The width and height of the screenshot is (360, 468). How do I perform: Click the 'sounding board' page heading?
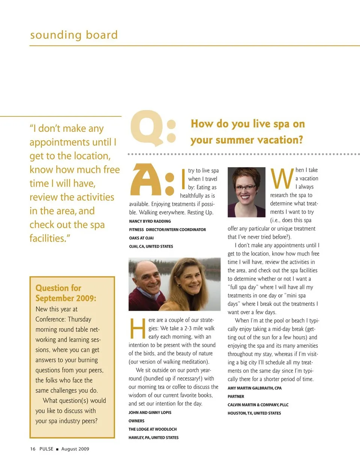tap(74, 35)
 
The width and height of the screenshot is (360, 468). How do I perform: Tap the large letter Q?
tap(147, 128)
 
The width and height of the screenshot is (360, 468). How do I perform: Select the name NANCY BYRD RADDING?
tap(150, 221)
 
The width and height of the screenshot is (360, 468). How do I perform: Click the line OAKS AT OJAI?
tap(141, 238)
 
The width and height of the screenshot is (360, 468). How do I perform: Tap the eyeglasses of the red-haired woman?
tap(246, 186)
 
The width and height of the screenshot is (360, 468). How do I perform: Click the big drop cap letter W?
tap(282, 179)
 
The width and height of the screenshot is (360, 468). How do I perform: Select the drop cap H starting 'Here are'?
tap(137, 328)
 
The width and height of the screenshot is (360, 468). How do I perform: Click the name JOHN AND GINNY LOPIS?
tap(150, 412)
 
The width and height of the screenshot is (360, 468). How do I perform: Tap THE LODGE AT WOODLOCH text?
tap(153, 429)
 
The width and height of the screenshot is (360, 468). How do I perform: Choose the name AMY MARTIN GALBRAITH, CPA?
tap(255, 388)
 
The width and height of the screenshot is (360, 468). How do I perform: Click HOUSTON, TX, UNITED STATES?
tap(254, 413)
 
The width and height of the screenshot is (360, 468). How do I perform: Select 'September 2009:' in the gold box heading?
tap(66, 298)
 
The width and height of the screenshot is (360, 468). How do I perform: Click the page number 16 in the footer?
tap(33, 449)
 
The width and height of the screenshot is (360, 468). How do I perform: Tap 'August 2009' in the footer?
tap(75, 449)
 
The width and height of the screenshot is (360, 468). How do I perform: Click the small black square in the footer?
tap(57, 449)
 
